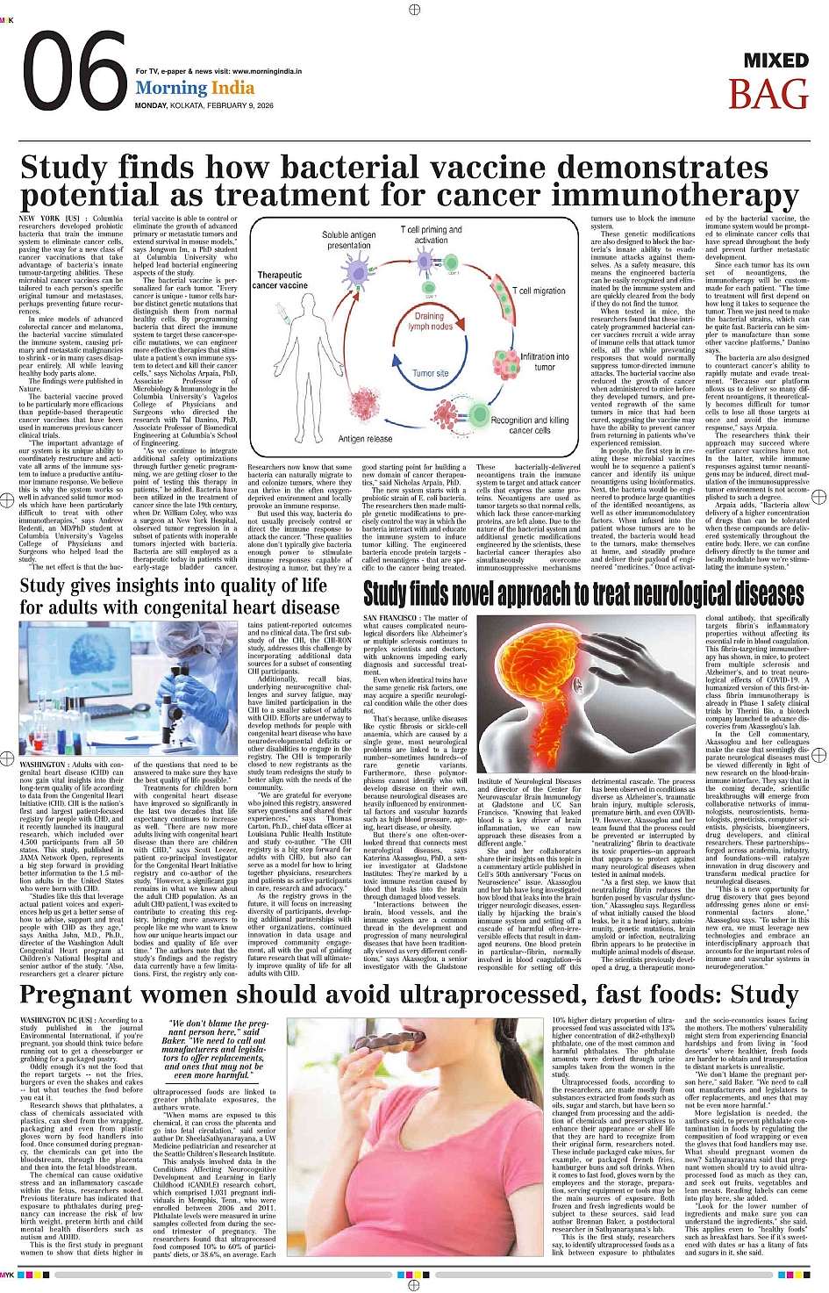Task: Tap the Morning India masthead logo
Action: pos(195,88)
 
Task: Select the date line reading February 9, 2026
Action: pos(204,105)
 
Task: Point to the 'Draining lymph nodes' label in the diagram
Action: pos(429,321)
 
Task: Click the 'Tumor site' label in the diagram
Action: pos(430,373)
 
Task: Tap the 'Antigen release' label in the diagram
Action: pos(365,438)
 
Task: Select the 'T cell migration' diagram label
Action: pos(539,291)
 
